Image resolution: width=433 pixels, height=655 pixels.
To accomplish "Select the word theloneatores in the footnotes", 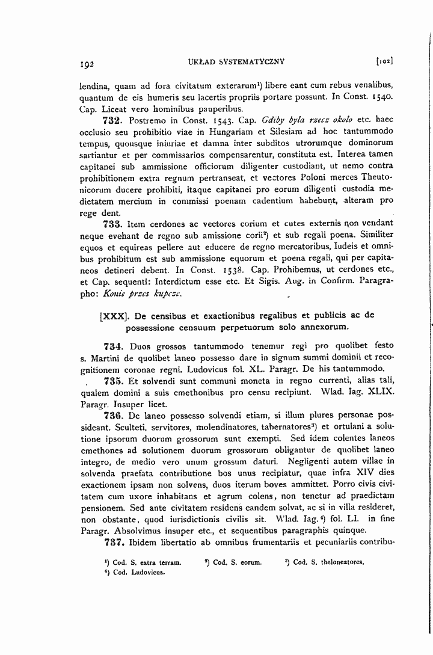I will click(343, 562).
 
